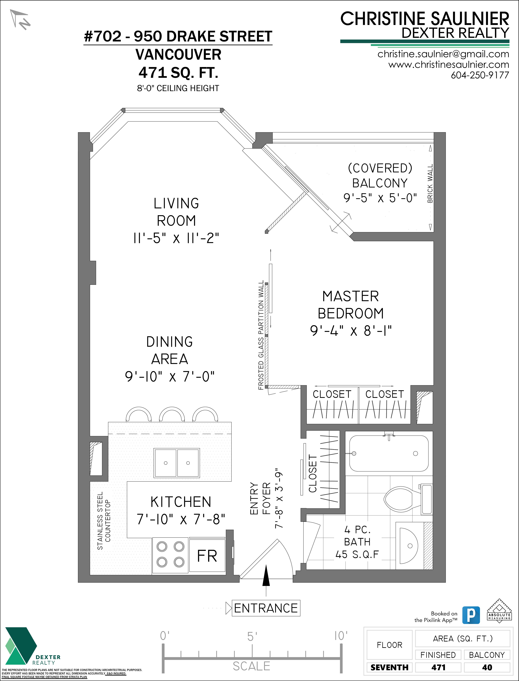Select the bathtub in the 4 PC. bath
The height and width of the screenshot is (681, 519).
tap(389, 453)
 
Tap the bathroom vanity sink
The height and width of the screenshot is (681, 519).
tap(408, 545)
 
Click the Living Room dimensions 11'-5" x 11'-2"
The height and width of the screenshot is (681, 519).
tap(176, 238)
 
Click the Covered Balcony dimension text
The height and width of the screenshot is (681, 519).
tap(380, 198)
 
